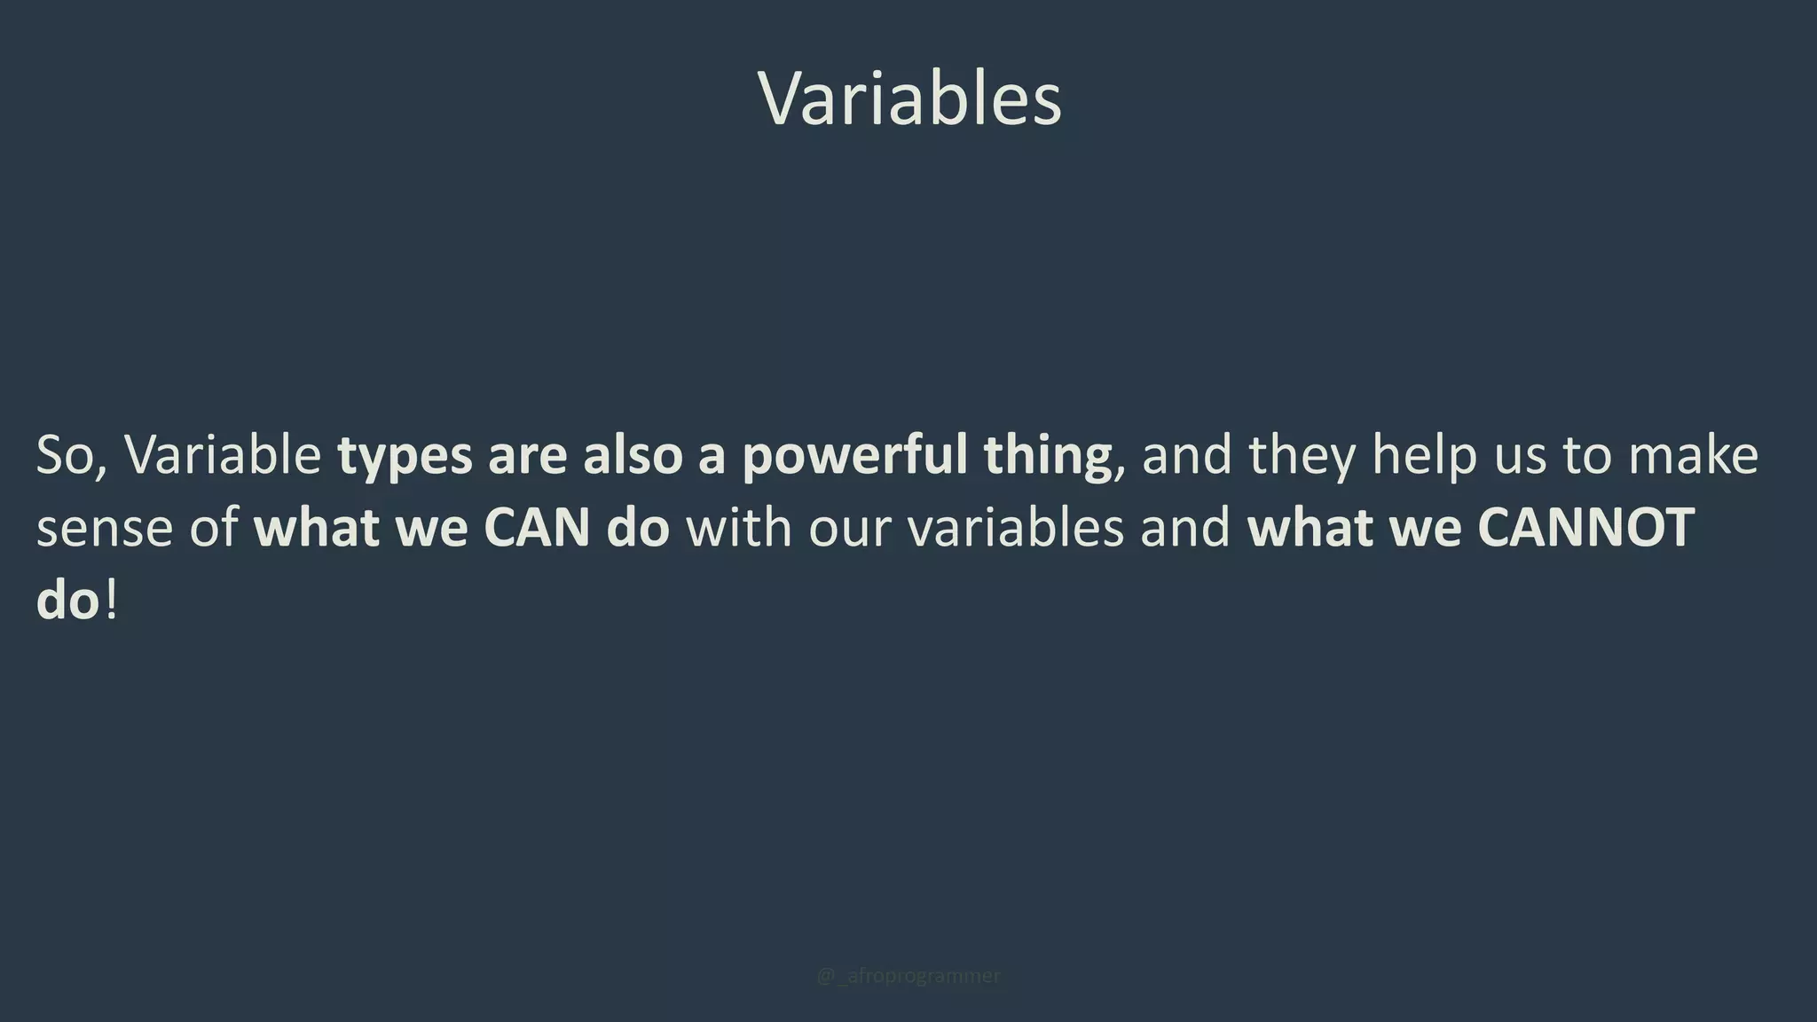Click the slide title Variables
pyautogui.click(x=909, y=98)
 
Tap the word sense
pyautogui.click(x=104, y=530)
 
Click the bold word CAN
pyautogui.click(x=537, y=528)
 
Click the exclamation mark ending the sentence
pyautogui.click(x=111, y=601)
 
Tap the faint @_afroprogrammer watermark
pyautogui.click(x=908, y=976)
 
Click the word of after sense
pyautogui.click(x=214, y=528)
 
